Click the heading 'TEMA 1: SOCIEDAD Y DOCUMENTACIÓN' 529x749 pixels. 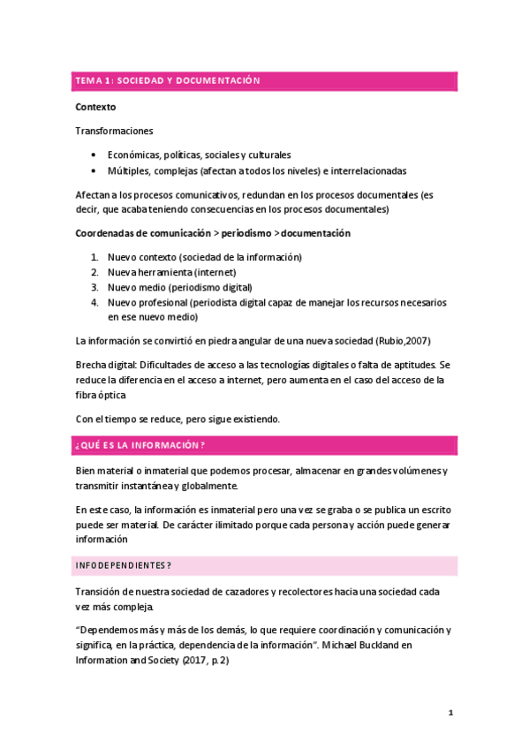tap(168, 81)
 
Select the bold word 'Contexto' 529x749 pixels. tap(95, 107)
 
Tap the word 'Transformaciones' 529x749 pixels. tap(114, 131)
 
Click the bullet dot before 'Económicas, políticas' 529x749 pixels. tap(94, 155)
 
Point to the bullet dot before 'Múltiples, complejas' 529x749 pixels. tap(94, 170)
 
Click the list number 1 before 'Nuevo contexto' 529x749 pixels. tap(94, 257)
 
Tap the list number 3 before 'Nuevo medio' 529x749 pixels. tap(94, 287)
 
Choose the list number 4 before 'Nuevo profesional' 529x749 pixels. tap(94, 302)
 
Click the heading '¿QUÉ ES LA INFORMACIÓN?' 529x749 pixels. tap(140, 445)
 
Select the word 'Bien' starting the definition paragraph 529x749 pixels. tap(86, 471)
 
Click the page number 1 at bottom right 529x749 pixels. tap(450, 712)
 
